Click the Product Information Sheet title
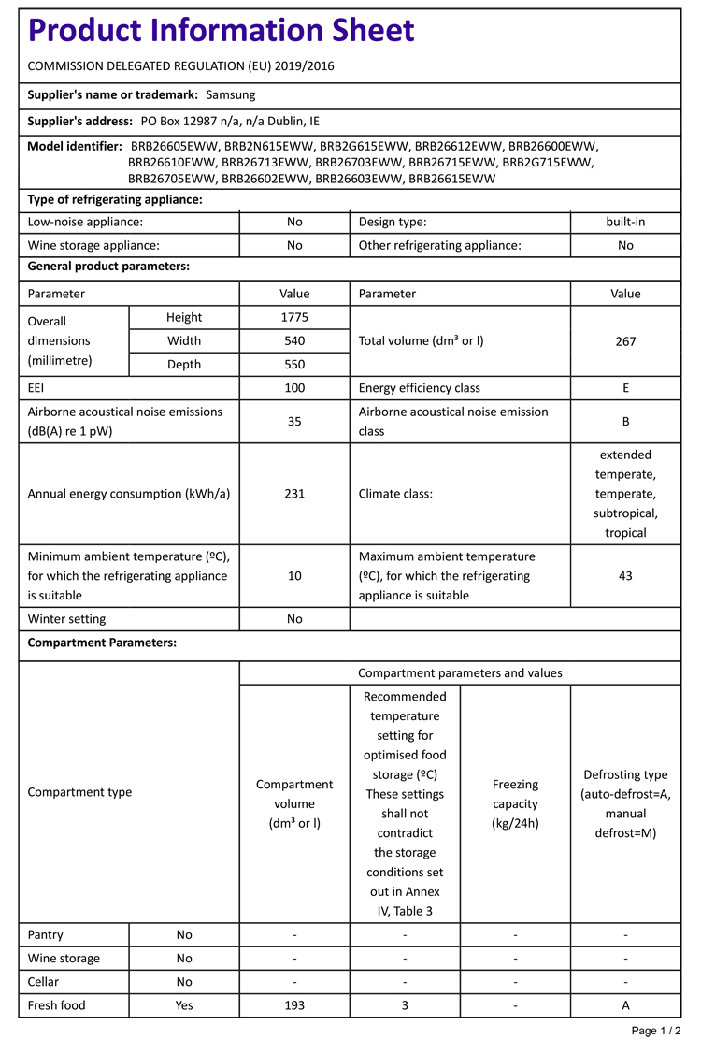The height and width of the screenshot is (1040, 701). pyautogui.click(x=222, y=32)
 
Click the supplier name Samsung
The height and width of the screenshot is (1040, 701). pyautogui.click(x=230, y=94)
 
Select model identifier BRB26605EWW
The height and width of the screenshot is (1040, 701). pyautogui.click(x=176, y=146)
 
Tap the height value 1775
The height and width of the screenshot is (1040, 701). pyautogui.click(x=294, y=317)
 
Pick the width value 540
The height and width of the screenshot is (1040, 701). pyautogui.click(x=294, y=340)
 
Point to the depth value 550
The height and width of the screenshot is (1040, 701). pyautogui.click(x=294, y=364)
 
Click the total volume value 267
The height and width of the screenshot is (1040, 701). pyautogui.click(x=625, y=340)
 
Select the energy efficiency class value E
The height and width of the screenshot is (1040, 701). pyautogui.click(x=625, y=387)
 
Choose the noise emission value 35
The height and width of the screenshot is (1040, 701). pyautogui.click(x=294, y=421)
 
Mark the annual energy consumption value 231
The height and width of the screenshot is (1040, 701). pyautogui.click(x=294, y=494)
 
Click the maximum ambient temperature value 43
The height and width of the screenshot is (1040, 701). pyautogui.click(x=625, y=575)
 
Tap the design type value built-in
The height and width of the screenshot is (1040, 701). pyautogui.click(x=625, y=222)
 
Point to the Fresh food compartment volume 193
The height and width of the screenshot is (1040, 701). pyautogui.click(x=294, y=1005)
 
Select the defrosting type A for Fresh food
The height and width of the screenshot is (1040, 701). pyautogui.click(x=625, y=1005)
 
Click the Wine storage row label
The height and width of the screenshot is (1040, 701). pyautogui.click(x=64, y=958)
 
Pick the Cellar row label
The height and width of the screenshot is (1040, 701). pyautogui.click(x=45, y=981)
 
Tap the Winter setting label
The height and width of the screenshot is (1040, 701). pyautogui.click(x=66, y=618)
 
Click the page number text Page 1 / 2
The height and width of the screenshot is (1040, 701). pyautogui.click(x=656, y=1030)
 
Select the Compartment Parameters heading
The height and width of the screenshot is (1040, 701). pyautogui.click(x=102, y=643)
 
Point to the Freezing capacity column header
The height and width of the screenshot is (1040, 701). pyautogui.click(x=515, y=803)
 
